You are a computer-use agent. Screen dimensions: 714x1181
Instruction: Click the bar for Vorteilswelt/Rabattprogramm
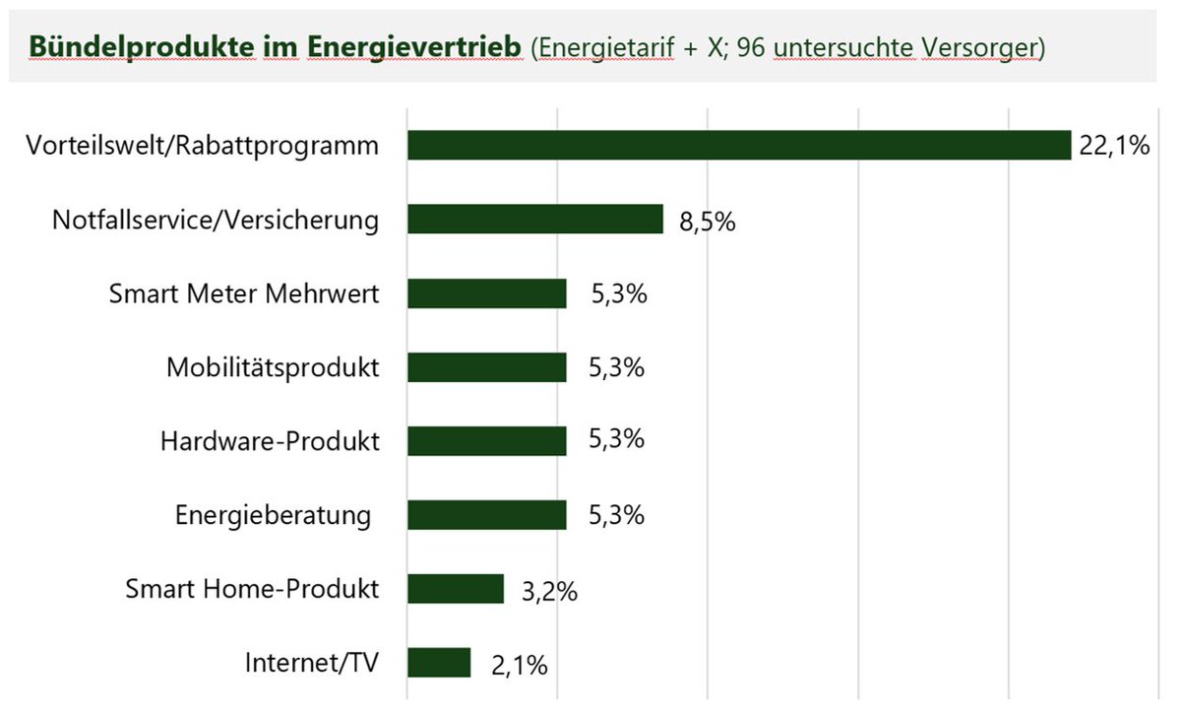[738, 146]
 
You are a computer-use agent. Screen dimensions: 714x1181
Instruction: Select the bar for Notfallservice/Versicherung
[535, 220]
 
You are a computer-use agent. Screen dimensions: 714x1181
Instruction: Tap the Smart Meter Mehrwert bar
[487, 293]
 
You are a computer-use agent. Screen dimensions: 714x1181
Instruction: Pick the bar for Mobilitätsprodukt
[487, 367]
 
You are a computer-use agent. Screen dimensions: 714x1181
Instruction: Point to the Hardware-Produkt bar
[487, 441]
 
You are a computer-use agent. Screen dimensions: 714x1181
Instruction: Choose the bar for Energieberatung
[487, 515]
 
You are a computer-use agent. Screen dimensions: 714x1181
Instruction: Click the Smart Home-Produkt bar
[456, 589]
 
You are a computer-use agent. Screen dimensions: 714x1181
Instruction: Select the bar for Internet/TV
[439, 663]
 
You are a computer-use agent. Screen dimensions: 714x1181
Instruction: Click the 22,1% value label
[1114, 147]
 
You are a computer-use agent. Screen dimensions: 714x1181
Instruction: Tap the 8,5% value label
[707, 222]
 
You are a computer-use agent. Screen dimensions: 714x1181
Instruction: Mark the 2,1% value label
[518, 666]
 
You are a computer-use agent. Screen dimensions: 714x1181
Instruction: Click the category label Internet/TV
[311, 663]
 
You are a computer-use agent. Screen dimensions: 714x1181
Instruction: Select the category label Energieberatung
[273, 515]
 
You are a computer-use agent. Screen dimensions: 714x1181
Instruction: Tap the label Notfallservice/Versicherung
[216, 220]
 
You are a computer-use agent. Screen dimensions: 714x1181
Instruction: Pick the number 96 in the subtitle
[752, 47]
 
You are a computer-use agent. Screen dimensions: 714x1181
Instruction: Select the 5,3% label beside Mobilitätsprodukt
[616, 367]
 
